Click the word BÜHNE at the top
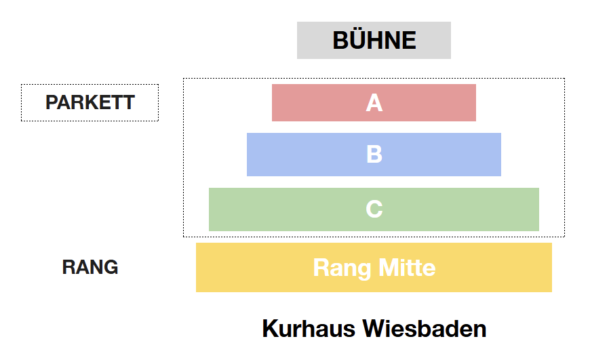374,41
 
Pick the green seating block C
285,209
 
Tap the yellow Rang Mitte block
251,268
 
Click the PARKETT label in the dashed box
90,103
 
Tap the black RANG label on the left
90,267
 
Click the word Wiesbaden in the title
425,329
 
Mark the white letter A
374,103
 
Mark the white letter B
374,155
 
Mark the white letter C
374,209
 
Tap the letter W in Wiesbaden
373,329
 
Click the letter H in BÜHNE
378,41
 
